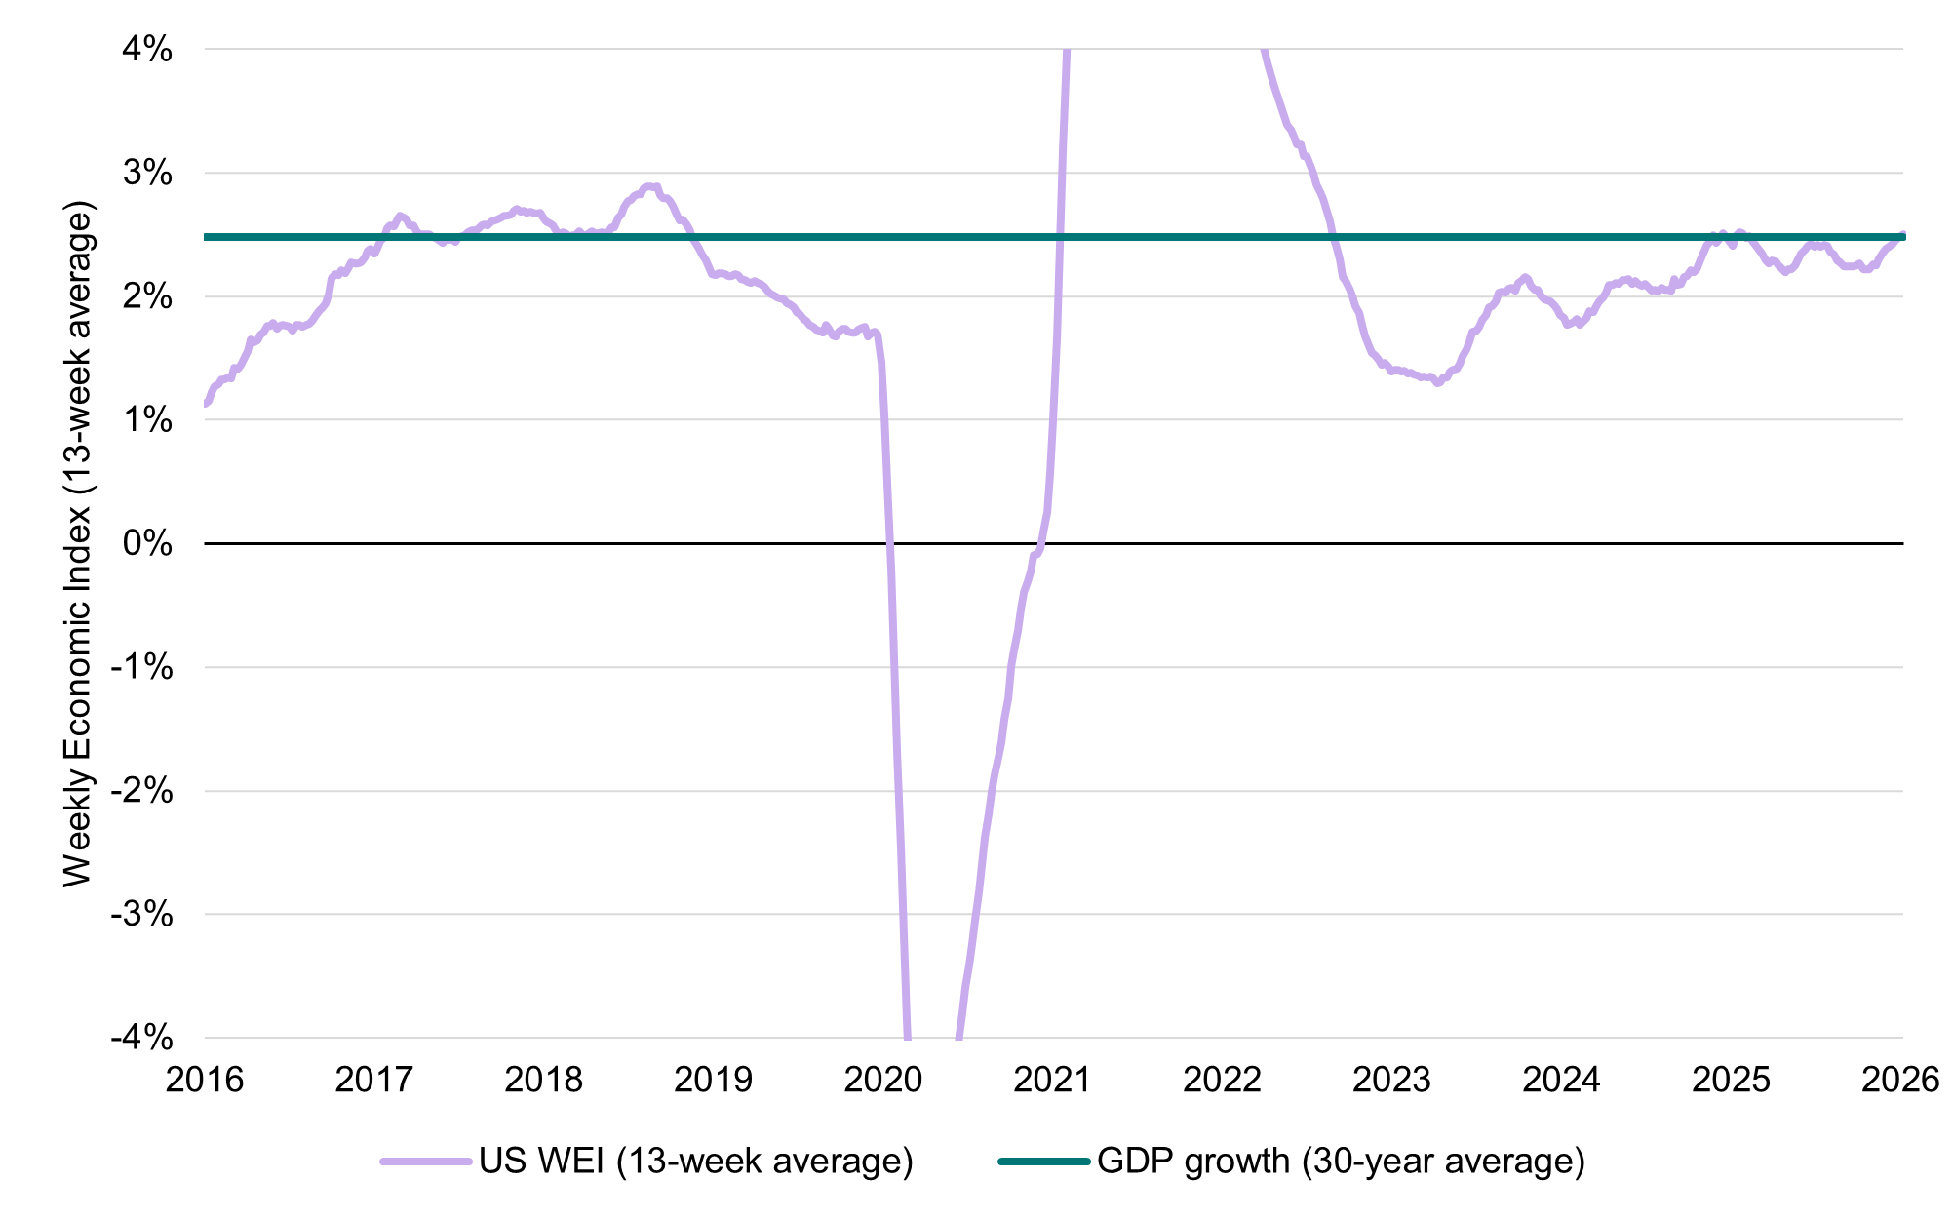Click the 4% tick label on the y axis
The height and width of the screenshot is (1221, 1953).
tap(146, 50)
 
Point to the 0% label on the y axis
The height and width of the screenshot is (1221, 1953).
tap(146, 543)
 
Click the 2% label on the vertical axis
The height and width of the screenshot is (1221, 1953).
tap(146, 296)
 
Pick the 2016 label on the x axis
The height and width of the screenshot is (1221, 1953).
tap(205, 1080)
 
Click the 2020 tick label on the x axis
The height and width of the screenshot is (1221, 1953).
tap(883, 1080)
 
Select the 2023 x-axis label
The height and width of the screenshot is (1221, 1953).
tap(1392, 1080)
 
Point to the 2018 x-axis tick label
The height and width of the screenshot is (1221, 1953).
tap(544, 1080)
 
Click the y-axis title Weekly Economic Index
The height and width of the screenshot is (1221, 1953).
tap(78, 543)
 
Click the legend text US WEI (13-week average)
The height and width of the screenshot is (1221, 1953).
tap(696, 1162)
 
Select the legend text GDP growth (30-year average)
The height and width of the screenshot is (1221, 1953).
tap(1341, 1162)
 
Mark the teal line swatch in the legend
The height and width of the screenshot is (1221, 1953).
tap(1043, 1162)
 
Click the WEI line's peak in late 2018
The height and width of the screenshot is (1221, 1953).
tap(649, 185)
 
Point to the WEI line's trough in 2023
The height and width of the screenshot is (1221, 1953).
tap(1437, 383)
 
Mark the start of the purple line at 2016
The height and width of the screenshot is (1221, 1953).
tap(206, 404)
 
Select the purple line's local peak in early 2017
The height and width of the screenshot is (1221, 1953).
tap(400, 215)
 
